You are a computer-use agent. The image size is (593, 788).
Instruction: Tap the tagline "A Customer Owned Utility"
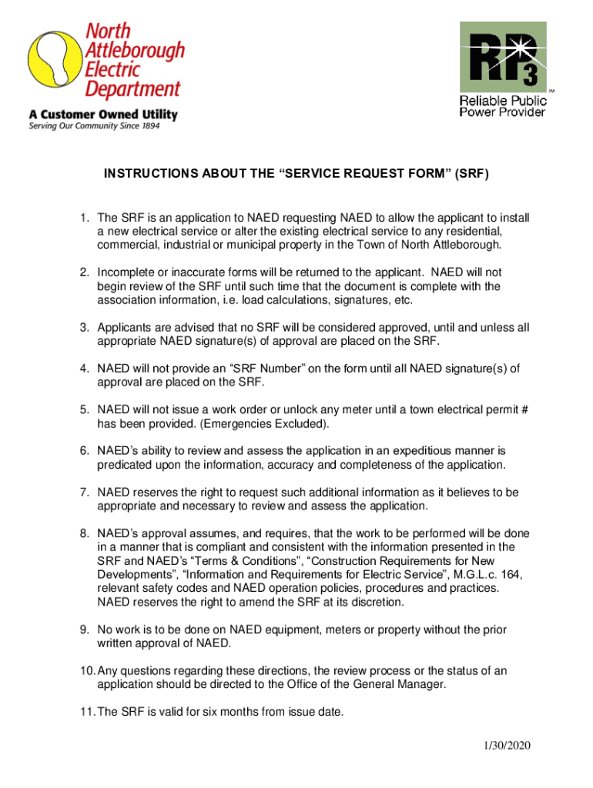click(103, 115)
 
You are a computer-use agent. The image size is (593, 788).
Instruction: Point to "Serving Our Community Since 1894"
click(94, 127)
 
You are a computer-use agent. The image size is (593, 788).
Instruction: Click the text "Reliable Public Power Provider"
click(503, 106)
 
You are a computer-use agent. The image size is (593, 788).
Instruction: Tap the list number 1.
click(82, 219)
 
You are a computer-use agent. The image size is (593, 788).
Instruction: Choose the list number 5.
click(82, 410)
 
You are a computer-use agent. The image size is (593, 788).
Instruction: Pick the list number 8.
click(82, 533)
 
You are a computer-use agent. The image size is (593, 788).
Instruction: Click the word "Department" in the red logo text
click(132, 88)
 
